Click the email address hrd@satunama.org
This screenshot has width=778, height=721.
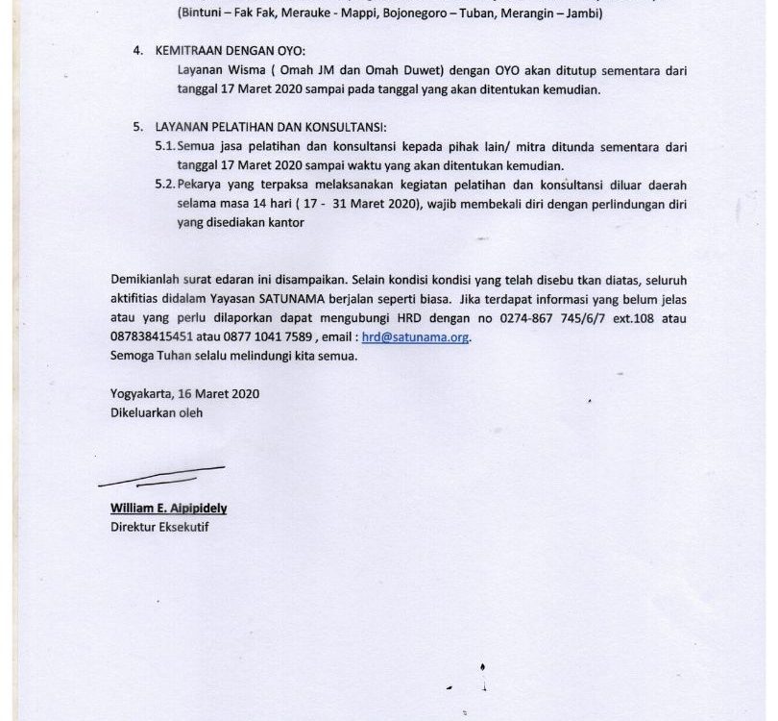click(x=416, y=338)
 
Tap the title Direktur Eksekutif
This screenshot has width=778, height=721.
click(x=158, y=527)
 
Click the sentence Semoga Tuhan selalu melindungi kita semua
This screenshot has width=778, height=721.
click(x=233, y=357)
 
